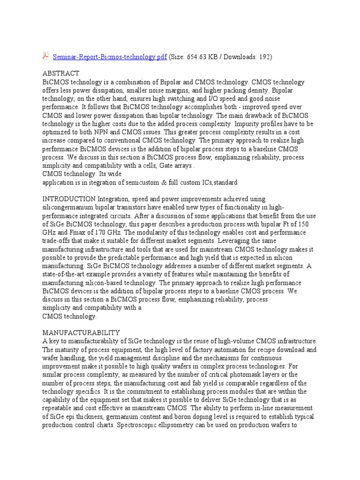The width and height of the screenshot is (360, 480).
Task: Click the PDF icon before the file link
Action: click(45, 56)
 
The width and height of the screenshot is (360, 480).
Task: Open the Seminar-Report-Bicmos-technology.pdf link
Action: click(109, 57)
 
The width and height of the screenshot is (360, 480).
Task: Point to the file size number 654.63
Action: click(202, 57)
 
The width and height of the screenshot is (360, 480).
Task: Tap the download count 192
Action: click(262, 57)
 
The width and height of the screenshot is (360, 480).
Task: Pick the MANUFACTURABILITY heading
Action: click(81, 332)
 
